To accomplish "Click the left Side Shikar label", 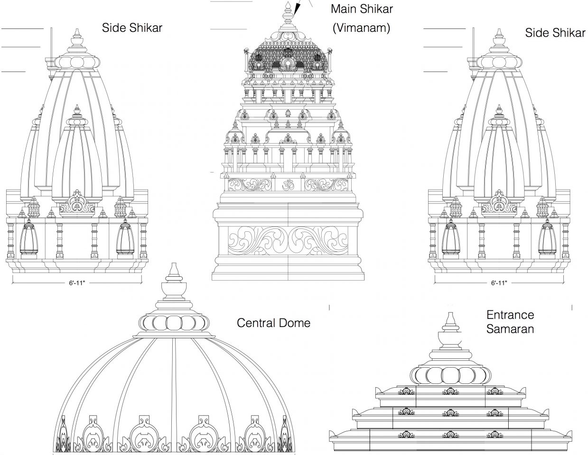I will [132, 27].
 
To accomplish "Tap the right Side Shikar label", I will [555, 32].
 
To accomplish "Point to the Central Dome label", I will [273, 323].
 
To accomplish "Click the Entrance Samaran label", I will [510, 321].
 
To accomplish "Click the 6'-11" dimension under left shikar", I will [77, 283].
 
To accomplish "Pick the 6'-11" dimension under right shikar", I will [499, 283].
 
